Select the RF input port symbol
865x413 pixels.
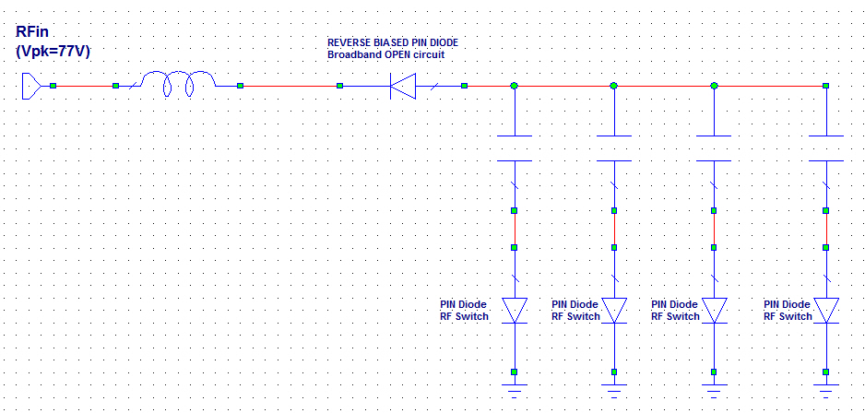[30, 86]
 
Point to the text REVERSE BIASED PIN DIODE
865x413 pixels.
[392, 43]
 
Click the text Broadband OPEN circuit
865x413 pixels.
[386, 55]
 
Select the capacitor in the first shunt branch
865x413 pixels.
[514, 148]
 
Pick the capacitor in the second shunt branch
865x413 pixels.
[613, 148]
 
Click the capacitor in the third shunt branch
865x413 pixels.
[714, 148]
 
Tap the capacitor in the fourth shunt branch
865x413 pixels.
[826, 148]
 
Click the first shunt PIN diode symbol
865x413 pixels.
[514, 310]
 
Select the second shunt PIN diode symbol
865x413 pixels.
[613, 310]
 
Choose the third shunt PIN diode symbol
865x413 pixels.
[714, 310]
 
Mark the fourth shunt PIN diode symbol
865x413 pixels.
[826, 310]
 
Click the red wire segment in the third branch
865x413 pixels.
[714, 229]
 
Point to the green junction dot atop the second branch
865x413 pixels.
[613, 86]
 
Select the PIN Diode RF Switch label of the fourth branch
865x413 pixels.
[788, 310]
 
